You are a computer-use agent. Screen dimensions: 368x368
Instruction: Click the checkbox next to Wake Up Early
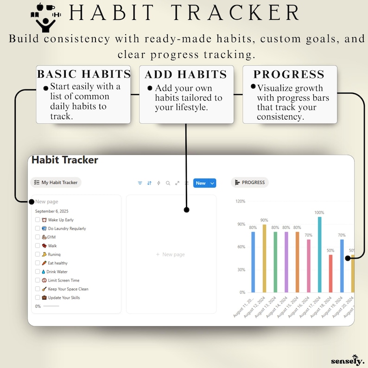(38, 220)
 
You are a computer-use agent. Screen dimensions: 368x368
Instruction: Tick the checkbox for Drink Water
(38, 272)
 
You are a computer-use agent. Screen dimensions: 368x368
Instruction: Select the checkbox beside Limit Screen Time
(38, 280)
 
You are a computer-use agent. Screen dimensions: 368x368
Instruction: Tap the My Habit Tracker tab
(56, 183)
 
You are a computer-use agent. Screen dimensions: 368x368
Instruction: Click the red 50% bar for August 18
(330, 273)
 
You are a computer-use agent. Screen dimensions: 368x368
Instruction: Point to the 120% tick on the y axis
(240, 202)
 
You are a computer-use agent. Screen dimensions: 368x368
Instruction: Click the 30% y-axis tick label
(241, 270)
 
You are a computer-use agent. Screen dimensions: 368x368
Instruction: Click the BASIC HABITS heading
(84, 74)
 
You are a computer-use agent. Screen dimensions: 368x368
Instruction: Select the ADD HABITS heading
(186, 75)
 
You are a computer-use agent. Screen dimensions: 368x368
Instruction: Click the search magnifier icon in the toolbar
(168, 183)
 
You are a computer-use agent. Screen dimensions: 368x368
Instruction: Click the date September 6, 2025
(51, 211)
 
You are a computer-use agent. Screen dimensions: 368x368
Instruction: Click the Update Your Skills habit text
(64, 298)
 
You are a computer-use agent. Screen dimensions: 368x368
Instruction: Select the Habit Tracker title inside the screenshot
(65, 160)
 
